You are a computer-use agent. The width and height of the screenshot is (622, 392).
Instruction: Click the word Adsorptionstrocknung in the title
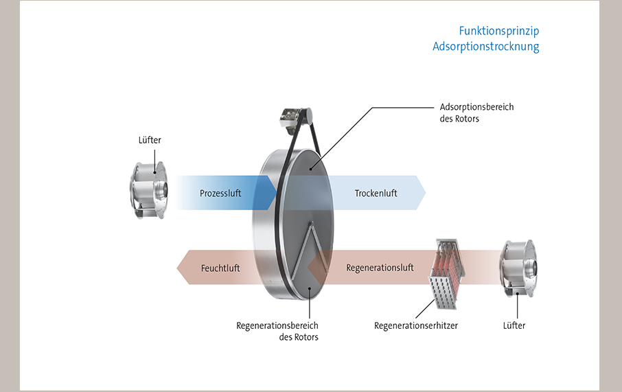[485, 47]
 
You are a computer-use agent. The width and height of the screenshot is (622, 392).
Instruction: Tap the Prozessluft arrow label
[220, 194]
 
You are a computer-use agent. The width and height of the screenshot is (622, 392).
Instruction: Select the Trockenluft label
[376, 194]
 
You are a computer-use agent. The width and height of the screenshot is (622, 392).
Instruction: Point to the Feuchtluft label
[220, 268]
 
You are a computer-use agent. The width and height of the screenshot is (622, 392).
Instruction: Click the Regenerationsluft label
[380, 268]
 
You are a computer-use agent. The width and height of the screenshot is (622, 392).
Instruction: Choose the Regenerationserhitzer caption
[415, 325]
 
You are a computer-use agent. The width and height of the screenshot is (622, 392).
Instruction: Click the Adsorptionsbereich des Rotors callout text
[476, 113]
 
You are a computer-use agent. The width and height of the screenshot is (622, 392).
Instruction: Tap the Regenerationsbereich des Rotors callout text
[277, 331]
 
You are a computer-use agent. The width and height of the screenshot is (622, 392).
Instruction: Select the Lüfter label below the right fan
[514, 325]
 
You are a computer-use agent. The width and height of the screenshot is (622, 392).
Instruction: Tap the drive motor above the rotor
[292, 121]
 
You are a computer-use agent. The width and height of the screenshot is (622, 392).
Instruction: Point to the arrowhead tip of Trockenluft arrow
[425, 193]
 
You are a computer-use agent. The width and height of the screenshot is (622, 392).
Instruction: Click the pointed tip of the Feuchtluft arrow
[177, 268]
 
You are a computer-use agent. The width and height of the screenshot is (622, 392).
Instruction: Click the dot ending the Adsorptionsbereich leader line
[310, 167]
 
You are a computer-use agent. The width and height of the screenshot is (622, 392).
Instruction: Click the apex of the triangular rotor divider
[312, 224]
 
